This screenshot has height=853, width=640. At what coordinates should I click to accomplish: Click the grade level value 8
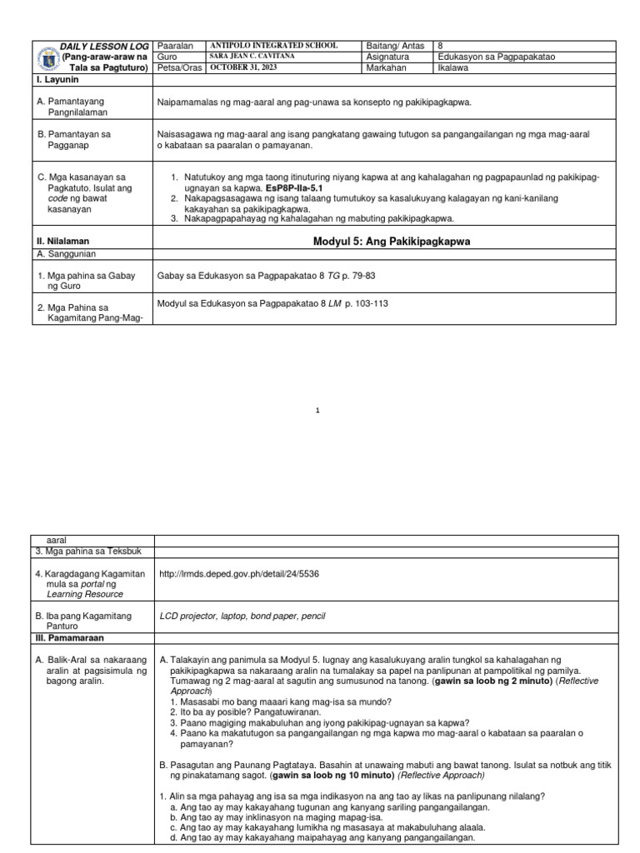pos(441,45)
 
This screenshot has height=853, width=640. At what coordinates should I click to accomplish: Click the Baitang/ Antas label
pos(396,45)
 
